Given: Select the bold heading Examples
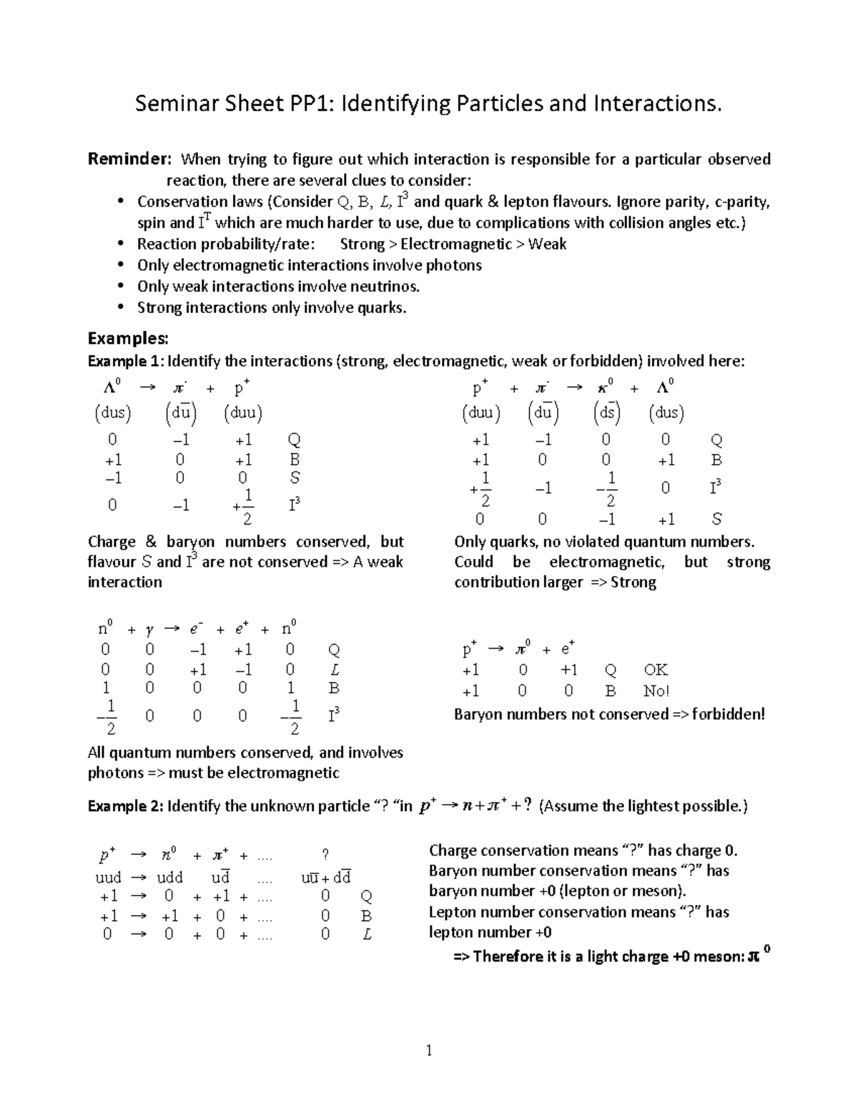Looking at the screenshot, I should pos(127,337).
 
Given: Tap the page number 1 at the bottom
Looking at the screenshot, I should pos(429,1050).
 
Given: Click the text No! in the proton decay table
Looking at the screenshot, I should pos(656,691).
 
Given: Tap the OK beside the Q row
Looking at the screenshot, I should pos(656,670).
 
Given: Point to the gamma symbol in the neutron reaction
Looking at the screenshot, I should pos(149,630).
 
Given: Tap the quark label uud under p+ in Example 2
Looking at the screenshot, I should pos(108,877).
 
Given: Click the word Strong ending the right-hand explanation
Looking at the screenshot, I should pos(633,582).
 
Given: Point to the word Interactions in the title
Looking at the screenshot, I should pos(657,104).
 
